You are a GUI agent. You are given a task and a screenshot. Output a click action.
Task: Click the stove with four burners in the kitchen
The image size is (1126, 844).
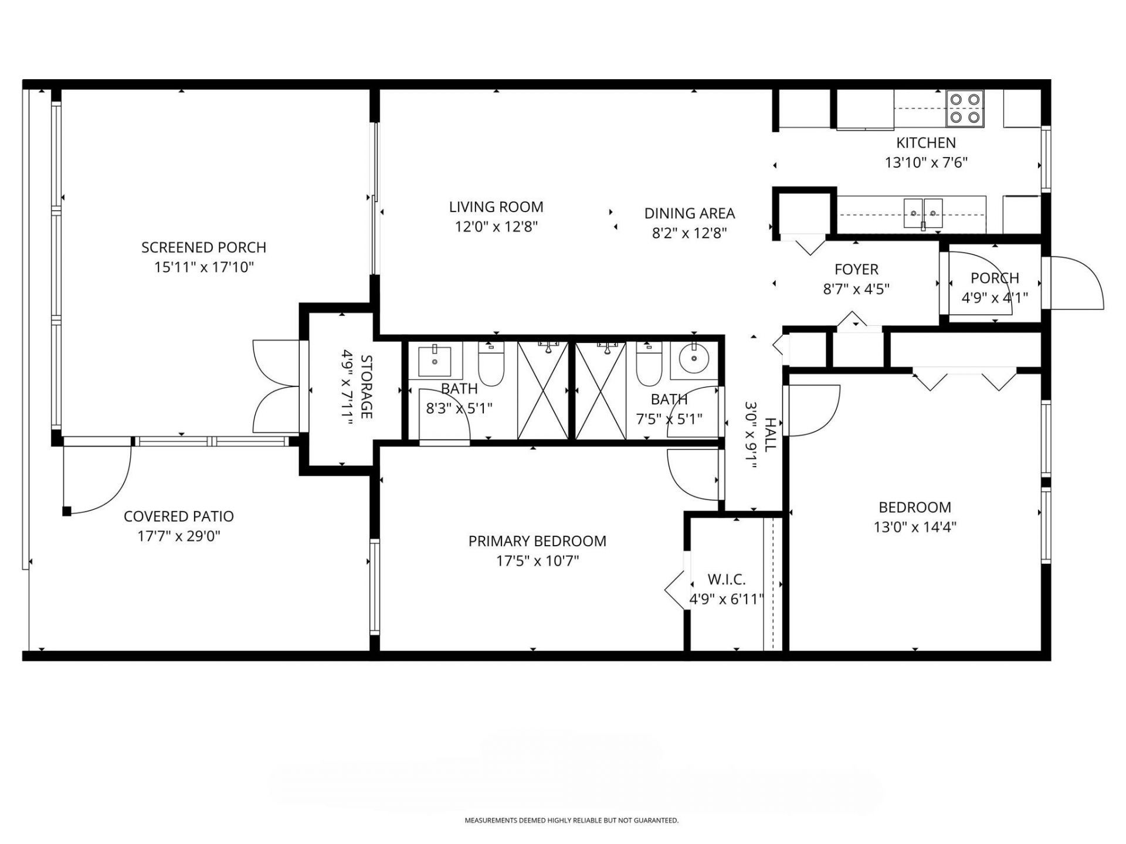tap(965, 108)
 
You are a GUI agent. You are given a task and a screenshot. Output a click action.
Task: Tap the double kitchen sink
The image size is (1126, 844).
tap(923, 213)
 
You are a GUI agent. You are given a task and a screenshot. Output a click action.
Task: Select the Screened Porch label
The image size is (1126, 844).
tap(204, 247)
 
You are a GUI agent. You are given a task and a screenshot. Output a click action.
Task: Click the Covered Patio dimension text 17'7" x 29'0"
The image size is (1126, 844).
tap(179, 536)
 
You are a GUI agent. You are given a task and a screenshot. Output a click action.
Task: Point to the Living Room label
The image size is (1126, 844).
tap(496, 207)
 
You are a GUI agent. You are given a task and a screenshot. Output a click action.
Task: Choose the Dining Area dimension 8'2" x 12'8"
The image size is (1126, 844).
tap(689, 233)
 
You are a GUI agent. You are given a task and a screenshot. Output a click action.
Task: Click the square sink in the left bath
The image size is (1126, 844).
tap(435, 362)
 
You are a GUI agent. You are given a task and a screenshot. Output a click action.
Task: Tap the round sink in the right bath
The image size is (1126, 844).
tap(694, 358)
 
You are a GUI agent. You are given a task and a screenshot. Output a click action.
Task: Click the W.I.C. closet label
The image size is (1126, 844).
tap(727, 580)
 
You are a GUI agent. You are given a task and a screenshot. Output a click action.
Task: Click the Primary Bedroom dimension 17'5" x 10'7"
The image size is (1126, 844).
tap(537, 561)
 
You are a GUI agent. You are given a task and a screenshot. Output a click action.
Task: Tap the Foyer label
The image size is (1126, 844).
tap(856, 270)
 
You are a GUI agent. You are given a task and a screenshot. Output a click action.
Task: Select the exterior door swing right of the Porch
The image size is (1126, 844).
tap(1076, 284)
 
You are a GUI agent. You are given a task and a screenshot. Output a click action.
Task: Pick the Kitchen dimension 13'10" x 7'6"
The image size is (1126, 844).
tap(925, 162)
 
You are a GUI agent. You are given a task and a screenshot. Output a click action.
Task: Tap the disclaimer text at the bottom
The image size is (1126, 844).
tap(571, 821)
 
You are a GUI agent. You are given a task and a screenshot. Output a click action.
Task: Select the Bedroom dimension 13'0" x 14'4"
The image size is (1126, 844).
tap(915, 527)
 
